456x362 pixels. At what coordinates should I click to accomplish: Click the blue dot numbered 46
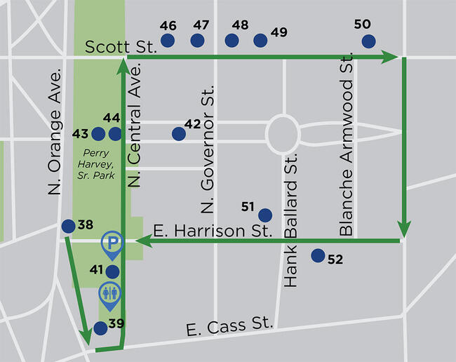(167, 41)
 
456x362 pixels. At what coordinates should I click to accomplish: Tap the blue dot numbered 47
(199, 41)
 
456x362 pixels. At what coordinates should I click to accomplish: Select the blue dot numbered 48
(232, 41)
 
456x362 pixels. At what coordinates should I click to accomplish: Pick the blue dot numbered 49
(260, 41)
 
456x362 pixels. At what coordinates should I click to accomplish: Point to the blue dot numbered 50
(368, 41)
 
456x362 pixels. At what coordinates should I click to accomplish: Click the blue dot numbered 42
(178, 133)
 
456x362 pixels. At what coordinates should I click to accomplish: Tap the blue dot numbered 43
(98, 133)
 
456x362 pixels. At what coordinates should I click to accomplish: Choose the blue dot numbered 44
(115, 133)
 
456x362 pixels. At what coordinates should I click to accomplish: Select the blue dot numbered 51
(264, 215)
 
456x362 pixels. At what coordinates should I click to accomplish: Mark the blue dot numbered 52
(317, 256)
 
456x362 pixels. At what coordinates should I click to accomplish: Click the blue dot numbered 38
(68, 226)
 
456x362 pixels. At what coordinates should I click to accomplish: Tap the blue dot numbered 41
(112, 271)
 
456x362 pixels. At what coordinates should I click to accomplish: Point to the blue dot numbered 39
(100, 328)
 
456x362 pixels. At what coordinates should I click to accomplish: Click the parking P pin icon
(111, 244)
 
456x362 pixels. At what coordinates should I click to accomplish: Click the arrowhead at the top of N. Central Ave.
(123, 66)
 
